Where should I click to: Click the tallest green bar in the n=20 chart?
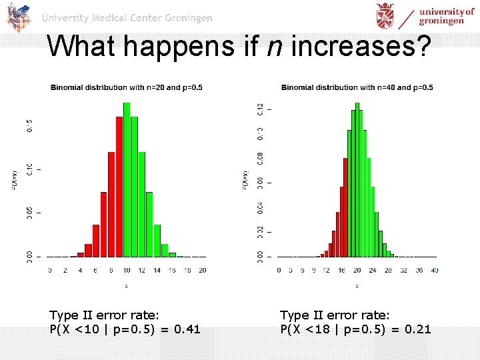click(x=127, y=180)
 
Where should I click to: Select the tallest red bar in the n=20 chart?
click(x=119, y=187)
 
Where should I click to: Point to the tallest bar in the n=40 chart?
click(x=357, y=180)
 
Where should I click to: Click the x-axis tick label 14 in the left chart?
click(x=157, y=270)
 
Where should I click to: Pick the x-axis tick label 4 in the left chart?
click(x=81, y=270)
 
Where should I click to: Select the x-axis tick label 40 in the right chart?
click(x=435, y=270)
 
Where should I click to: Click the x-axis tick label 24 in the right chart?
click(x=373, y=270)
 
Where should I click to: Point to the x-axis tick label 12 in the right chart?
click(x=325, y=270)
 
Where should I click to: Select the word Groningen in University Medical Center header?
click(x=187, y=18)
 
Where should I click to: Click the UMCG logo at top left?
click(x=19, y=17)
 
